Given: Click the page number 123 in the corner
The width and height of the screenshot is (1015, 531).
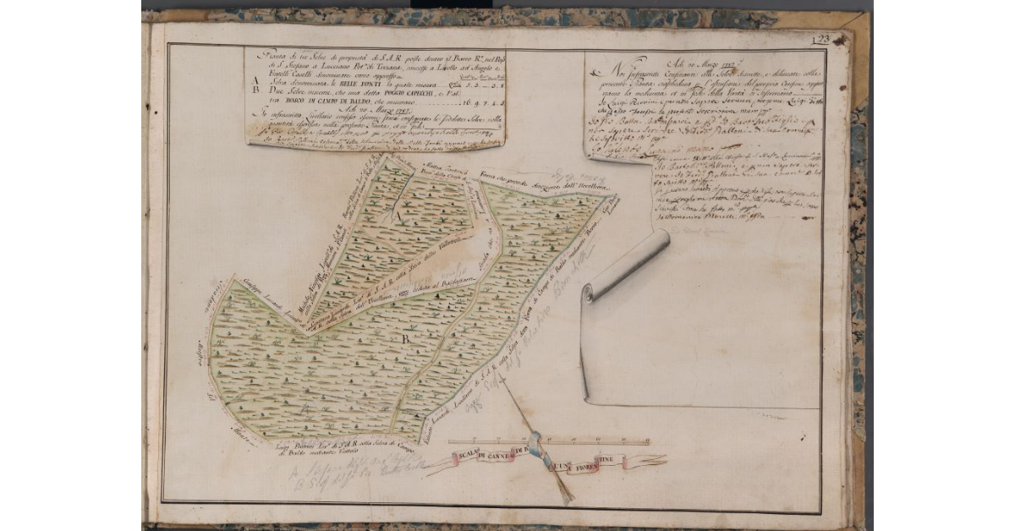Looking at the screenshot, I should (819, 39).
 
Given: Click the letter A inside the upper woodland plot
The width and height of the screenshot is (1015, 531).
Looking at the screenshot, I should (397, 216).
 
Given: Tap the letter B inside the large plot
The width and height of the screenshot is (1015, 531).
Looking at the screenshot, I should (405, 340).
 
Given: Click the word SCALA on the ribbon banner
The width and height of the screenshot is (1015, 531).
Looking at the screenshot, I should (464, 457).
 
